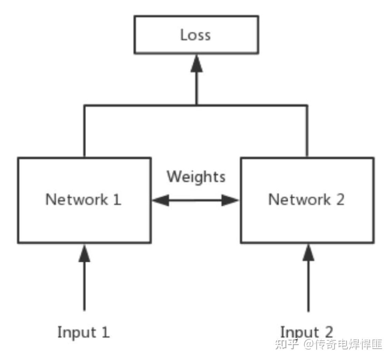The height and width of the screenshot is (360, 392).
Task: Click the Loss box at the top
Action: (196, 35)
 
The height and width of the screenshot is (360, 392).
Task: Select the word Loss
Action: (195, 35)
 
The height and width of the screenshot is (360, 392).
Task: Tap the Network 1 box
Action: (84, 200)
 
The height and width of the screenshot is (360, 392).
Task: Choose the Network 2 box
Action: (307, 200)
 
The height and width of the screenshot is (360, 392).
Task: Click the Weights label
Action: (196, 177)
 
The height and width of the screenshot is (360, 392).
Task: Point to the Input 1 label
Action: (84, 332)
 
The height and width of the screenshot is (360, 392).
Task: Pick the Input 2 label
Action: (306, 332)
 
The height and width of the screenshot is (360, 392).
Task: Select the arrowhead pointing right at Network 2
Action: (230, 200)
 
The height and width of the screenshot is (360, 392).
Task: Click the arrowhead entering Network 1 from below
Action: (84, 253)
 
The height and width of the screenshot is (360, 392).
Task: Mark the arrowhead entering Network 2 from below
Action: (308, 253)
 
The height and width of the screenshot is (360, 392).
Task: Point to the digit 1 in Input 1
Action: (105, 332)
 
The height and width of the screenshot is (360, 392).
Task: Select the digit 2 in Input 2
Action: (328, 332)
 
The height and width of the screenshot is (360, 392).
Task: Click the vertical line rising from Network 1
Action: (84, 131)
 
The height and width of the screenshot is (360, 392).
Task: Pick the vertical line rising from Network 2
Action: (307, 131)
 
